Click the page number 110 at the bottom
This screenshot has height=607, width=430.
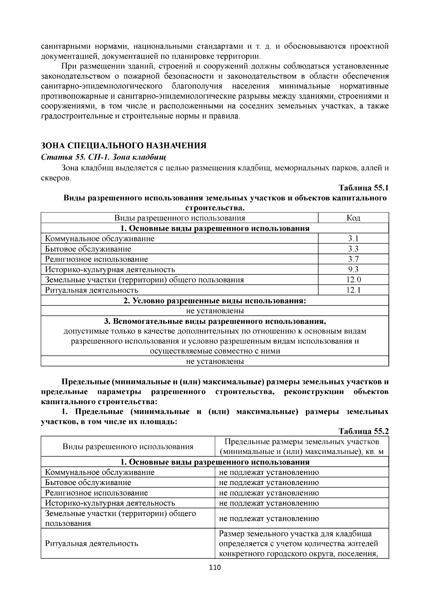tap(215, 568)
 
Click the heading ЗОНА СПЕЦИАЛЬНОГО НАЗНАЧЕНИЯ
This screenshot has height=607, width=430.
tap(124, 146)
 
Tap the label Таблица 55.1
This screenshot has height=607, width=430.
tap(363, 188)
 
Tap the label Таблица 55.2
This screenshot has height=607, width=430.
tap(363, 431)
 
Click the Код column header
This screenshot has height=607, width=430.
tap(353, 218)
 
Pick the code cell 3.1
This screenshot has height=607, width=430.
tap(353, 239)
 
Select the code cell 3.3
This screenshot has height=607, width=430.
tap(353, 249)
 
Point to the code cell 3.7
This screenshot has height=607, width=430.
tap(353, 259)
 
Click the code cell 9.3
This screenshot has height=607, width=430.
tap(353, 269)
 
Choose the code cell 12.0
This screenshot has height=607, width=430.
tap(353, 280)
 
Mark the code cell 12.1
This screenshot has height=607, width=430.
tap(353, 290)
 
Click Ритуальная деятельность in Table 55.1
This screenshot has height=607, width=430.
tap(91, 290)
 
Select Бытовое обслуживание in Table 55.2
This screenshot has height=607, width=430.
tap(88, 483)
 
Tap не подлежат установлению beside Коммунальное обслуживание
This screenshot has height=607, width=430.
tap(269, 472)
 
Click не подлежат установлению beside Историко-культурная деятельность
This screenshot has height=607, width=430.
tap(269, 503)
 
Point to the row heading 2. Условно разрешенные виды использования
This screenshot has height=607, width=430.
tap(215, 300)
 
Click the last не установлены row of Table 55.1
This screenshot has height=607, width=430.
tap(215, 361)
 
